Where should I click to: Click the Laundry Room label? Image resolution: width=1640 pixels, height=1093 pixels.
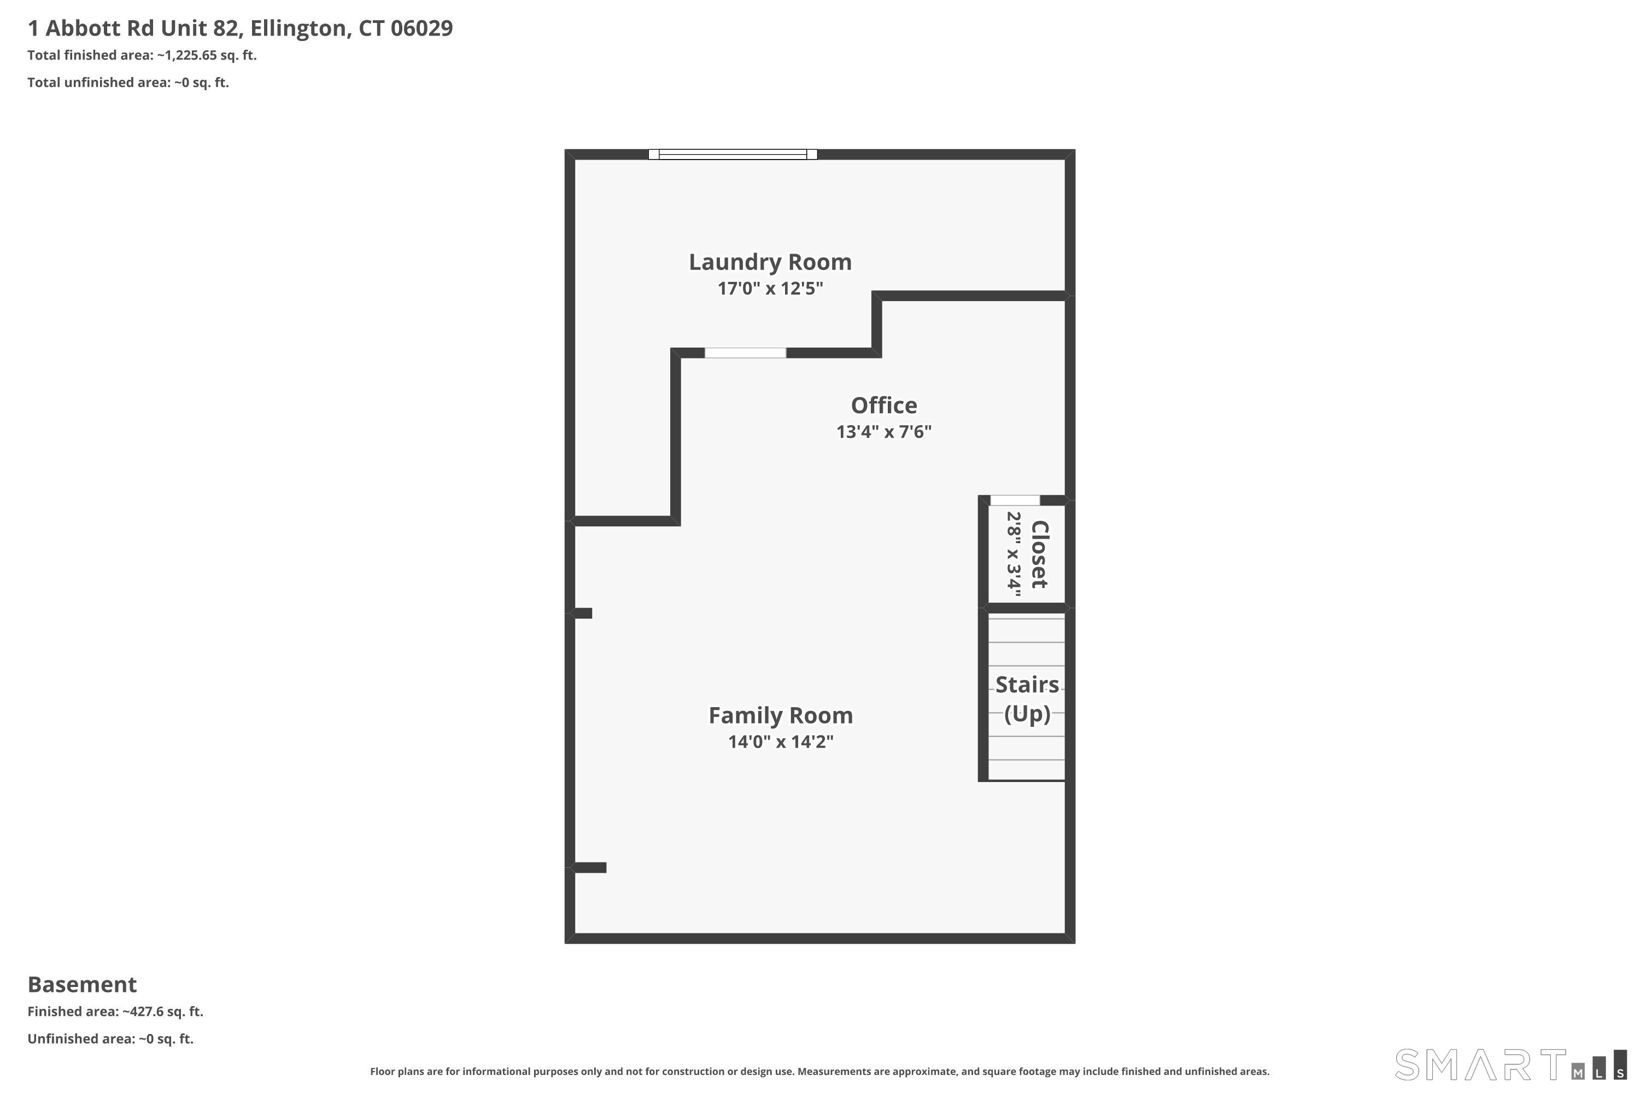coord(770,262)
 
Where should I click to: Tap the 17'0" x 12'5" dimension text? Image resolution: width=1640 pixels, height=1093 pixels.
coord(770,289)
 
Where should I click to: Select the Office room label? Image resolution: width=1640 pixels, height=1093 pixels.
coord(883,405)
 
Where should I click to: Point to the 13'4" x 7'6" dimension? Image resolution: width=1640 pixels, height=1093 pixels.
coord(883,432)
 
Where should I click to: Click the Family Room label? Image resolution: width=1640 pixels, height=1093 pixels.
coord(780,715)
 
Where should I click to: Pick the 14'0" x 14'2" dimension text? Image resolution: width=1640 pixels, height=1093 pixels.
coord(780,742)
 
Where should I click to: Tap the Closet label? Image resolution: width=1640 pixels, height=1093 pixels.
coord(1039,554)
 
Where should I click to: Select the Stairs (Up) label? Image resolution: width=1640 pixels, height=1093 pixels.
coord(1027,698)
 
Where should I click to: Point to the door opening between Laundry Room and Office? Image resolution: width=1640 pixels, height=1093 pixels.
coord(745,352)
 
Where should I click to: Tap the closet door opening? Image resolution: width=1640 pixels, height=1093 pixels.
coord(1015,500)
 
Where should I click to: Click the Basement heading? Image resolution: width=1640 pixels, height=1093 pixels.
coord(83,984)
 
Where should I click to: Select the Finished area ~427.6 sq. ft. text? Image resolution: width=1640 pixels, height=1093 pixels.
coord(115,1012)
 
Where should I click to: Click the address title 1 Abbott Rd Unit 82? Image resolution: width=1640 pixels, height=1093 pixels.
coord(240,28)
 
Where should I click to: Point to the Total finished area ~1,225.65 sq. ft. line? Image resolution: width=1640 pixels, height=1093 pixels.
coord(142,55)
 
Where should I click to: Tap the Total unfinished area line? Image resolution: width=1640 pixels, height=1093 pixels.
coord(127,83)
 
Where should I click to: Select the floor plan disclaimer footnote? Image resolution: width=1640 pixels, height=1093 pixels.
coord(819,1071)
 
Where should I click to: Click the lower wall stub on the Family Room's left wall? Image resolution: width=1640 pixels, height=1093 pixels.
coord(589,867)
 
